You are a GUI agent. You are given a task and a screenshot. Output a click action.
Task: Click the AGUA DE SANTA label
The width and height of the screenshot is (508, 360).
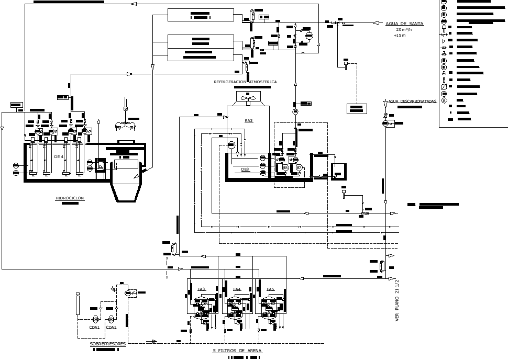404,24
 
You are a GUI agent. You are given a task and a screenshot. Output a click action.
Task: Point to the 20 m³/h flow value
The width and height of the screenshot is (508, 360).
404,29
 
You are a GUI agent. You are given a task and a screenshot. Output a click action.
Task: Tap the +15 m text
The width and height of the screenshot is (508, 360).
400,35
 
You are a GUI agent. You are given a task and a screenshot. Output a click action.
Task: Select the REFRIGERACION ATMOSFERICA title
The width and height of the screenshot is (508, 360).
245,82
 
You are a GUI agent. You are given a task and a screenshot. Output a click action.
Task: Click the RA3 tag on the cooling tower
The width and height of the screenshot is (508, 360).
249,121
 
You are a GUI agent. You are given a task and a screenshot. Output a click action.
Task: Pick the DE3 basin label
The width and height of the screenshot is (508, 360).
246,170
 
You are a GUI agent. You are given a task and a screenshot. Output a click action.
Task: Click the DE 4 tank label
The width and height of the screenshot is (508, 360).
59,156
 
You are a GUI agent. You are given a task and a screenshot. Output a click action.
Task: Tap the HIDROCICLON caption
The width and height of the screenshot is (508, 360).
70,198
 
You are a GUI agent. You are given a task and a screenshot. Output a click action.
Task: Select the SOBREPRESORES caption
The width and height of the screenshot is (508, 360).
108,344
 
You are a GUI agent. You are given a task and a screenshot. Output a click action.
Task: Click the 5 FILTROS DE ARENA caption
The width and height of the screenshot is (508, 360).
237,351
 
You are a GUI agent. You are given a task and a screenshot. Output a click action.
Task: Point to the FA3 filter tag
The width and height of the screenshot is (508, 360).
202,289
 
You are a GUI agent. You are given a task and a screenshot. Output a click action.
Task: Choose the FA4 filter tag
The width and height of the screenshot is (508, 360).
237,289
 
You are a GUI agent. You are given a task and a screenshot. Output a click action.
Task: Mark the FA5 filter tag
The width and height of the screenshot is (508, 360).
270,289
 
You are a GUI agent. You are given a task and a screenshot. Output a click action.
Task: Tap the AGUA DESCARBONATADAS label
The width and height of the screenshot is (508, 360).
412,101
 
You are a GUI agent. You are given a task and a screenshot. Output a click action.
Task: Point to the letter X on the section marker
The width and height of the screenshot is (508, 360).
167,258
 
